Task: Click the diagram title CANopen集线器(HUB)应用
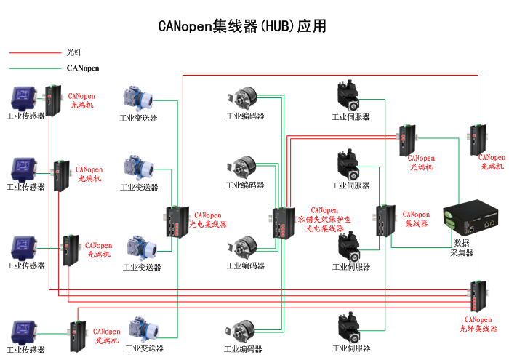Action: tap(242, 26)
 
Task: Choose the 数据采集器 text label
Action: tap(462, 247)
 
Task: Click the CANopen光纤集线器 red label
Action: tap(478, 324)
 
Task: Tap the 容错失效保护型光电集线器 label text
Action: tap(324, 220)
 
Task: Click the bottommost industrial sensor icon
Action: tap(24, 330)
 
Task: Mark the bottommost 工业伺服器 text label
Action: tap(351, 349)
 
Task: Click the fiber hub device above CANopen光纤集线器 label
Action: tap(478, 295)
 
